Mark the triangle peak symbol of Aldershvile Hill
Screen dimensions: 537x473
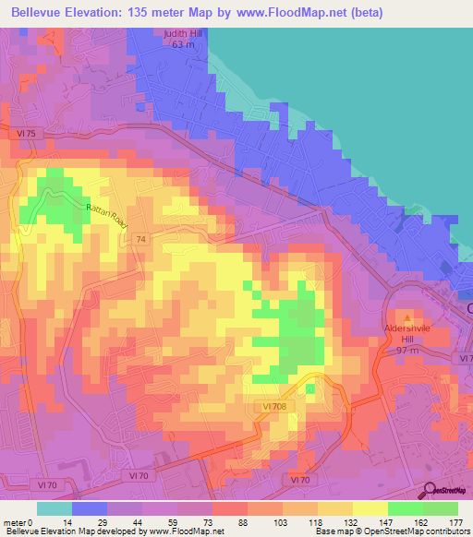408,318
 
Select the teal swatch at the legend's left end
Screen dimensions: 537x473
54,508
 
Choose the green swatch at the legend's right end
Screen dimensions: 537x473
440,508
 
